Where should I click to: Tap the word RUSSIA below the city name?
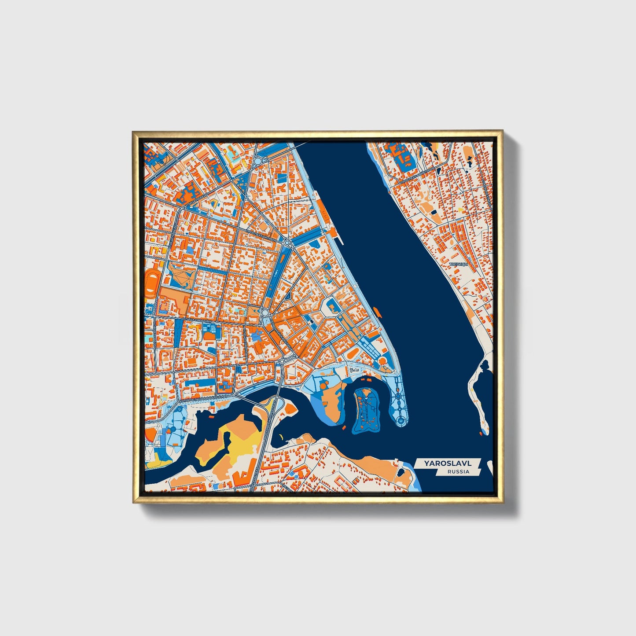click(x=458, y=472)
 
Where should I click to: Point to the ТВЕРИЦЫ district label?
click(x=457, y=264)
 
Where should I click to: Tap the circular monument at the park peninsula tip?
click(x=401, y=422)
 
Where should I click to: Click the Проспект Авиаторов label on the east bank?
click(x=416, y=175)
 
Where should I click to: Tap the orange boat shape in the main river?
click(x=378, y=312)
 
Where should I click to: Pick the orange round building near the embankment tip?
click(x=382, y=361)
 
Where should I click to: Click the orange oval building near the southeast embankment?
click(x=352, y=353)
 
